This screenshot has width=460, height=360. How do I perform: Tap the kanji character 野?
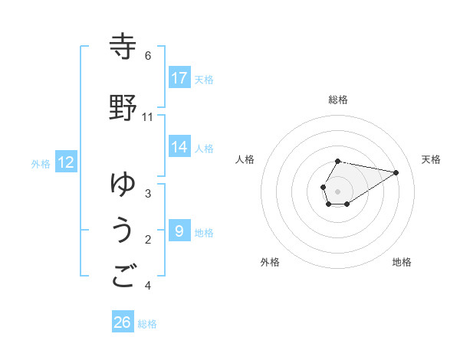pyautogui.click(x=123, y=108)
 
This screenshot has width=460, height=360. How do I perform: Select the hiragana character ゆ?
pyautogui.click(x=123, y=185)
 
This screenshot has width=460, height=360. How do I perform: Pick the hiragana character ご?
pyautogui.click(x=123, y=277)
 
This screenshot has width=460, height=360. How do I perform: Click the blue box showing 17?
pyautogui.click(x=179, y=78)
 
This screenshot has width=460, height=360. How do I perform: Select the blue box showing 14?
pyautogui.click(x=179, y=148)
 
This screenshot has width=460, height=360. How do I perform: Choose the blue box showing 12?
pyautogui.click(x=66, y=162)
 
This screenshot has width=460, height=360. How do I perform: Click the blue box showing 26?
pyautogui.click(x=123, y=322)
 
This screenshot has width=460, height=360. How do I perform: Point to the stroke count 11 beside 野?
pyautogui.click(x=148, y=117)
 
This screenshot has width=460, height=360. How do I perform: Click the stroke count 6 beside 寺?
pyautogui.click(x=148, y=56)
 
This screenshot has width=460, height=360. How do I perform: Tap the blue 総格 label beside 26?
pyautogui.click(x=148, y=324)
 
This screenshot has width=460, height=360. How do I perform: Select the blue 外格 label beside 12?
pyautogui.click(x=41, y=164)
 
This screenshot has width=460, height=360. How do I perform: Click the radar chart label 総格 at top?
pyautogui.click(x=338, y=100)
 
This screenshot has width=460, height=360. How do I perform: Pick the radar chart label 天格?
pyautogui.click(x=432, y=159)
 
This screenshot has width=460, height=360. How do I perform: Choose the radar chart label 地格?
pyautogui.click(x=402, y=262)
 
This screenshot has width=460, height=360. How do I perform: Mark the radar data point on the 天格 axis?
pyautogui.click(x=396, y=172)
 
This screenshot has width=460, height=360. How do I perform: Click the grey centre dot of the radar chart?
pyautogui.click(x=338, y=191)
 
